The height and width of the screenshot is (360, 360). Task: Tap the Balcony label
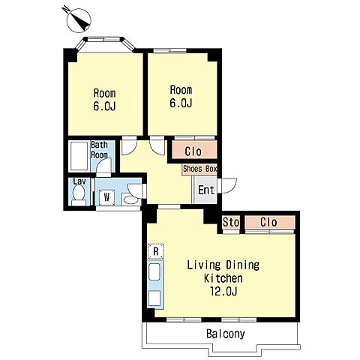pos(226,334)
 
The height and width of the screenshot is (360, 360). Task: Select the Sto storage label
pos(231,222)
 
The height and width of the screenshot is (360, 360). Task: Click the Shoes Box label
pos(199,169)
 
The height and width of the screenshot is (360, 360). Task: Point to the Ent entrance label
pos(206,190)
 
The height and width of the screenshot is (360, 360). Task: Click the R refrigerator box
pos(156,251)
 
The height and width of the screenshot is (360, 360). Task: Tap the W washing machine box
pos(106,197)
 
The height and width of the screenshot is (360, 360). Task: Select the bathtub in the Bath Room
pos(79,156)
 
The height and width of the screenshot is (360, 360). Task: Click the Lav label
pos(79,181)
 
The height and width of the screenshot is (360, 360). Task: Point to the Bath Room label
pos(99,150)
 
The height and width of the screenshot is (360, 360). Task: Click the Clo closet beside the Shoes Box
pos(194,150)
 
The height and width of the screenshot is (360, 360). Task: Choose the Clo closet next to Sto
pos(270,222)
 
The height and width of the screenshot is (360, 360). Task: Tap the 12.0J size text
pos(223,291)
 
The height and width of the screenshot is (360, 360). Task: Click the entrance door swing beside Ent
pos(227,185)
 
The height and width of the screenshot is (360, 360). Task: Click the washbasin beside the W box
pos(131,199)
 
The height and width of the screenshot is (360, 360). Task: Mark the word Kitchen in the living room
pos(223,278)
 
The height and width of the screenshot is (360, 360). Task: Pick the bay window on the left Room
pos(105,43)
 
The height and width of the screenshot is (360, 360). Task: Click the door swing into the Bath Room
pos(103,165)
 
